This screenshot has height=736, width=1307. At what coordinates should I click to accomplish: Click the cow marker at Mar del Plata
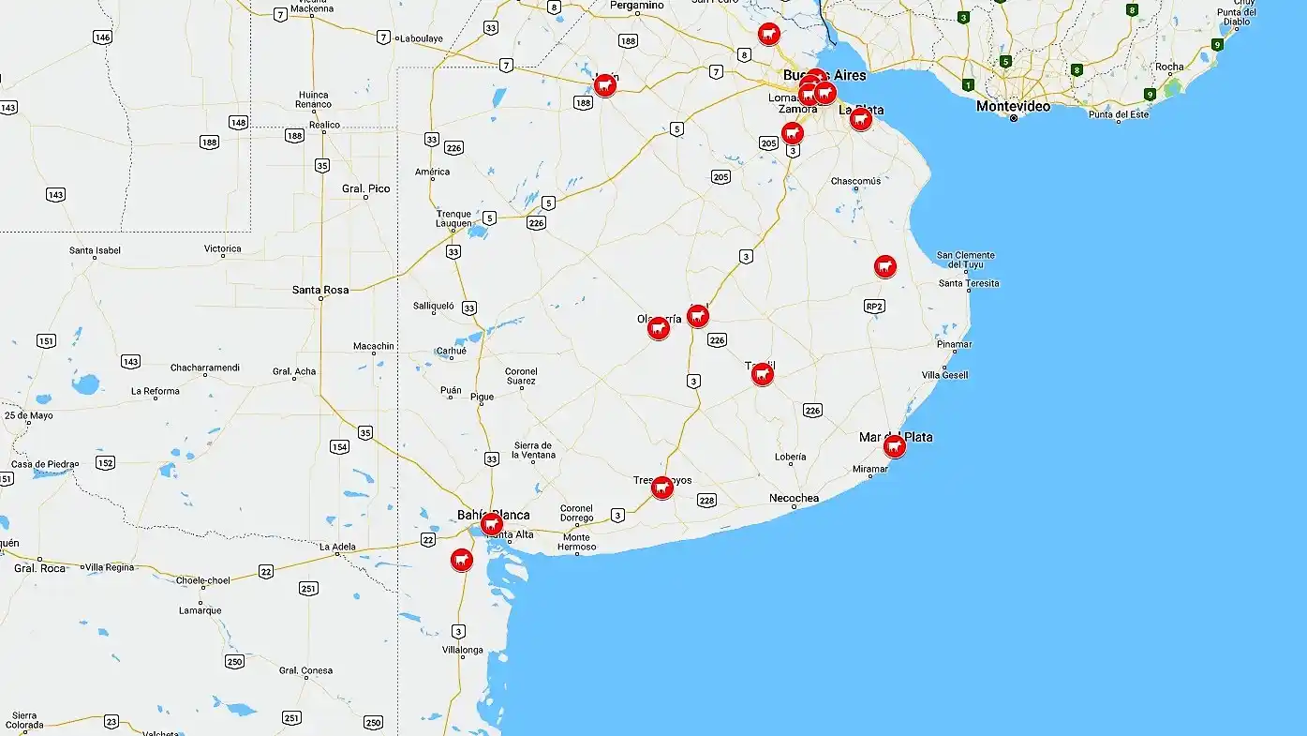pos(895,446)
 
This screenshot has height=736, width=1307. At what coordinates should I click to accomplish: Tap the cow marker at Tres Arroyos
pos(662,488)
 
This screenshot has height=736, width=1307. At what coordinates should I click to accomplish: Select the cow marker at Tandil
pos(763,375)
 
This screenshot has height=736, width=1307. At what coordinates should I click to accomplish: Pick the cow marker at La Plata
pos(861,119)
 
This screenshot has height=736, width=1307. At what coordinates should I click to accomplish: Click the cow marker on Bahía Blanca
pos(491,524)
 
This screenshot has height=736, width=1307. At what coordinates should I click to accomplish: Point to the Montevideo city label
pos(1013,107)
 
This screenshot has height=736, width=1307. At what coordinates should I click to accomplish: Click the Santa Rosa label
pos(320,290)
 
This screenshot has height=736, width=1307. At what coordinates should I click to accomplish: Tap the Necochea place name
pos(794,498)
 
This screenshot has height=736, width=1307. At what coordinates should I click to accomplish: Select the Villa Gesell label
pos(943,375)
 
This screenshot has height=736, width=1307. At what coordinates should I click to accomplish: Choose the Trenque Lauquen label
pos(453,218)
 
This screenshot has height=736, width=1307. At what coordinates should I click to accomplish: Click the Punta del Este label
pos(1119,114)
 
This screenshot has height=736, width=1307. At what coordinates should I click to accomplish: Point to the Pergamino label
pos(637,6)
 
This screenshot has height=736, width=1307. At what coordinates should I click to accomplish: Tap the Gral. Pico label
pos(365,188)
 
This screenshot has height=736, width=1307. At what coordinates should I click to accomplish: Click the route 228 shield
pos(706,501)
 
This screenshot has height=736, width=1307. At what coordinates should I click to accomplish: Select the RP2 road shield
pos(874,306)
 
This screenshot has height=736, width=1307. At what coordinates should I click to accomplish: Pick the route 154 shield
pos(339,446)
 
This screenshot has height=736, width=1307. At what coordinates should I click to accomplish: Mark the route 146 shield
pos(102,38)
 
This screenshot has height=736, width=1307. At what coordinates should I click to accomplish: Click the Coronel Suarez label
pos(521,376)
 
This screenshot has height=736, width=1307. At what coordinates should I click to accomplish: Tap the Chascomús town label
pos(855,181)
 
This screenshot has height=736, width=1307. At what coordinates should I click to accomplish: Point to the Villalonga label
pos(463,650)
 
